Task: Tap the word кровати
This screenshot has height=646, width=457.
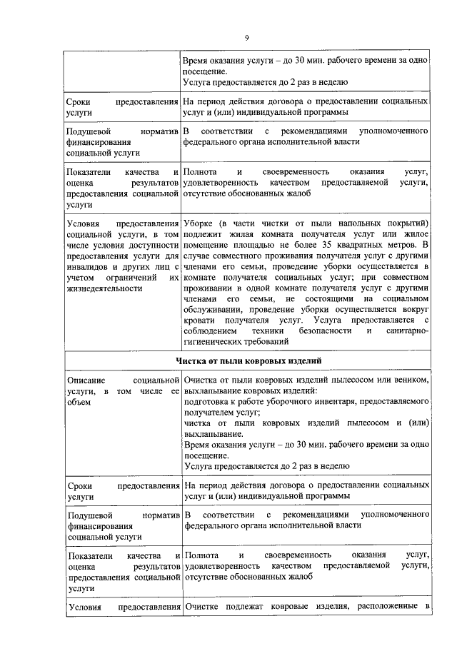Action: coord(201,321)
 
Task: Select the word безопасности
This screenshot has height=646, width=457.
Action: coord(320,331)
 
